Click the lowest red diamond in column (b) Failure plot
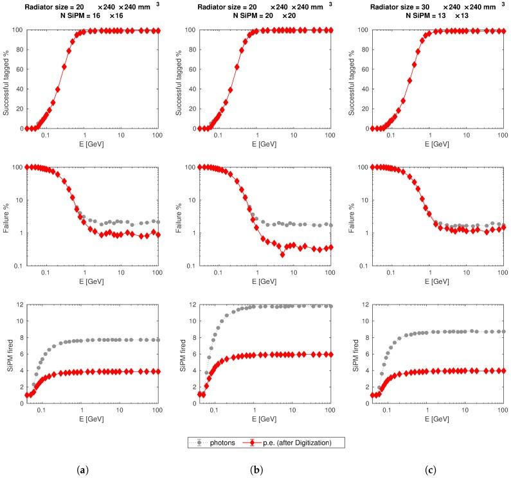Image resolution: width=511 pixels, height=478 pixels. pos(282,254)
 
